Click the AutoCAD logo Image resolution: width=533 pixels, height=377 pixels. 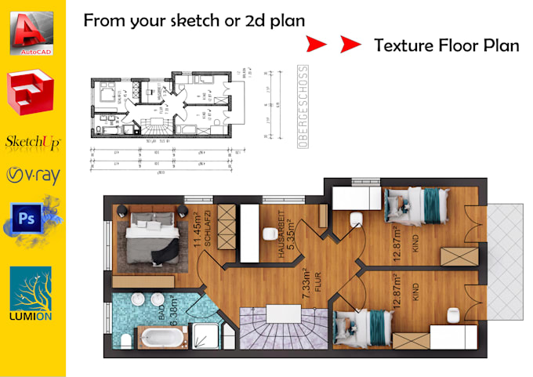[31, 34]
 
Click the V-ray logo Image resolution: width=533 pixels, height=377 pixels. [32, 175]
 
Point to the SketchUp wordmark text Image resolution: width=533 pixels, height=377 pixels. [32, 142]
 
